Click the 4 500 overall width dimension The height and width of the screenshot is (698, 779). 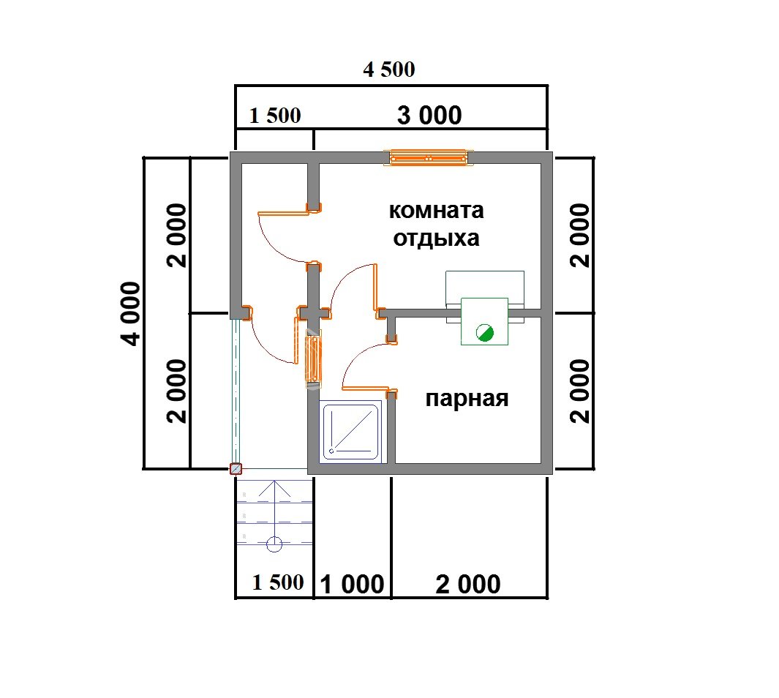coord(388,70)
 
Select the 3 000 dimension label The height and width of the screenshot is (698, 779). coord(429,116)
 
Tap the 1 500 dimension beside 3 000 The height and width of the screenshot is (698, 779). coord(275,116)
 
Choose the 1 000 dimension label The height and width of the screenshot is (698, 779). coord(352,584)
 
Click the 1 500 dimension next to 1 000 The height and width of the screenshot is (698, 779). coord(277,582)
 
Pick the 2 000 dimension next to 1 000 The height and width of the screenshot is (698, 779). coord(468,584)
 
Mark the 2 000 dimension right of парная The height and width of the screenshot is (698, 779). coord(579,391)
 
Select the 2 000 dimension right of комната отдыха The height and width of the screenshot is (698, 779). coord(579,236)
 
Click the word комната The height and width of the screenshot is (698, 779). coord(436,211)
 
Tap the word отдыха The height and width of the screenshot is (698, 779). coord(436,239)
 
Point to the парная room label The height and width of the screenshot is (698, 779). coord(467,399)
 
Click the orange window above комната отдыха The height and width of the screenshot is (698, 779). coord(429,157)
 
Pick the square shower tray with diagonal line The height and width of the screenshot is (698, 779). coord(353,432)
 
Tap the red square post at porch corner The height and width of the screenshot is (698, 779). coord(236,470)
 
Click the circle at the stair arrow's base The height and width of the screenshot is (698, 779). coord(274,544)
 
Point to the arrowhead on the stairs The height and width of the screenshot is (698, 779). coord(274,487)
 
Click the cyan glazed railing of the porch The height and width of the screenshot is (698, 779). coord(236,391)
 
